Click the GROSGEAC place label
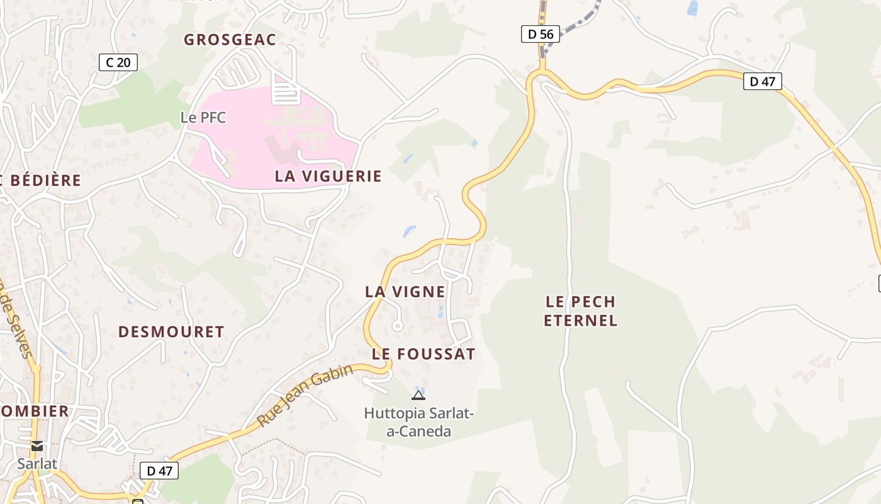[230, 40]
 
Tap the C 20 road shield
[118, 62]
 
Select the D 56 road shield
[541, 34]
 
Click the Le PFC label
[203, 117]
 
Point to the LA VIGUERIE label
[328, 176]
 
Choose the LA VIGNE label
[405, 292]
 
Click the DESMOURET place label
[171, 332]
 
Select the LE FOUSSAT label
[424, 354]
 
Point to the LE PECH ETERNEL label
[580, 311]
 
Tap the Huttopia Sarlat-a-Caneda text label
[418, 422]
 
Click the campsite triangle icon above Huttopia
[418, 395]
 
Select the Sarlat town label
[37, 464]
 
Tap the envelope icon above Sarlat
[37, 446]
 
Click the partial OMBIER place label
[35, 411]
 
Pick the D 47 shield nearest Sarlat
[159, 470]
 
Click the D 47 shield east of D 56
[762, 81]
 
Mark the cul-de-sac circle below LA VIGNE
[397, 326]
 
